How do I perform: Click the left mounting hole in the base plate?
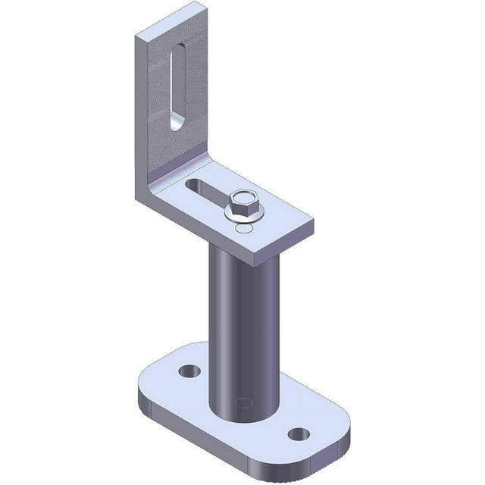[x=189, y=371]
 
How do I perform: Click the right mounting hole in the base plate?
[x=299, y=434]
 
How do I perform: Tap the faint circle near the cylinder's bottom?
[x=244, y=402]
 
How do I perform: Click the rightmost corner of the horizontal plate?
[x=313, y=224]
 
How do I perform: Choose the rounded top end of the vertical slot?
[x=179, y=50]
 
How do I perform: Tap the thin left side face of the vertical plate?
[x=141, y=114]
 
